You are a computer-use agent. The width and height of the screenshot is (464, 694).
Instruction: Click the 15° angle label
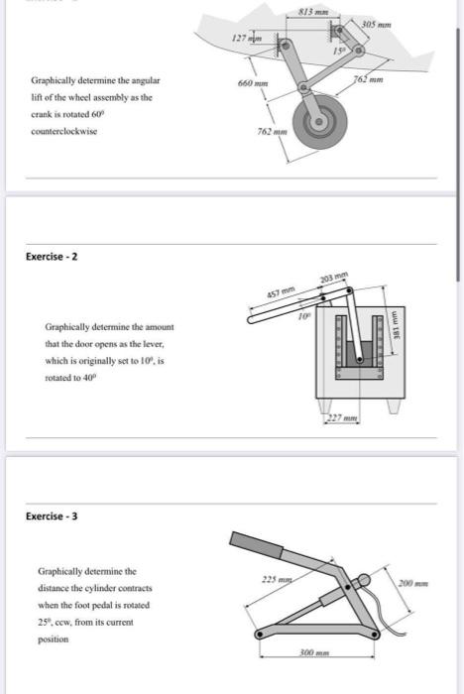(x=338, y=50)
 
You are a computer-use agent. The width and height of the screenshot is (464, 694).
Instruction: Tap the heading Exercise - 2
(x=52, y=257)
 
